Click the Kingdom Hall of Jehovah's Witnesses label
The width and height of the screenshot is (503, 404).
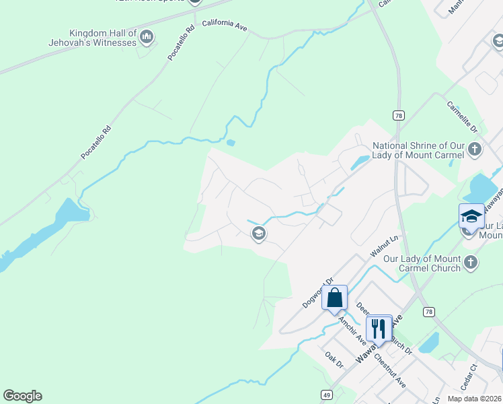point(103,38)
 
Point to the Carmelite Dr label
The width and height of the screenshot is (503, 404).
point(461,116)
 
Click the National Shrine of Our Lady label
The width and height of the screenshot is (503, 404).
point(418,150)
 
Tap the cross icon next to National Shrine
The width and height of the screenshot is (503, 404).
point(475,149)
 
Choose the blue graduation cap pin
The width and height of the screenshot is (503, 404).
point(471,216)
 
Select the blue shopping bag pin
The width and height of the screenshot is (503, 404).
point(334,297)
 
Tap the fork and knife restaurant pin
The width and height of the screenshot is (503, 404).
point(379,328)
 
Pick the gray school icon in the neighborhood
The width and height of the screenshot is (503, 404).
point(258,234)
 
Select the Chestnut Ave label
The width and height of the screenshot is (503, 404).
point(390,370)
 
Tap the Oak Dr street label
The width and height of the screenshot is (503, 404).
point(334,360)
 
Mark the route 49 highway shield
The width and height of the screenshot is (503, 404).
point(326,395)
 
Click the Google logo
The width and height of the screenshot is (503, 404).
point(22,396)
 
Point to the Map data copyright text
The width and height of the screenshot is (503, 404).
point(473,399)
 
